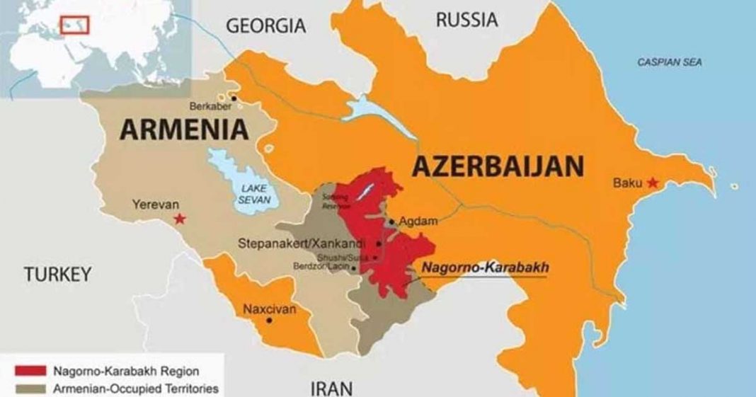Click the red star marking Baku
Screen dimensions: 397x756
coord(652,183)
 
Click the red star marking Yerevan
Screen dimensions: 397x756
coord(180,219)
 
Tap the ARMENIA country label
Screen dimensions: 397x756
coord(185,130)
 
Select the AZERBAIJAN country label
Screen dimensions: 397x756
coord(498,167)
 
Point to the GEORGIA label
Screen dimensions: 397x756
coord(265,26)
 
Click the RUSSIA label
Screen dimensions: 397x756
coord(466,21)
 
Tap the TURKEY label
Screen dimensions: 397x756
coord(57,275)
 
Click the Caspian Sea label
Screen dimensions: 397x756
coord(670,62)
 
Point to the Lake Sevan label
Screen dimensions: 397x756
coord(253,194)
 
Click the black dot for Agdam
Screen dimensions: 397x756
coord(391,221)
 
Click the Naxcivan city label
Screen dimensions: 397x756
coord(270,309)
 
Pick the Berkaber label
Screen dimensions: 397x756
coord(210,106)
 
